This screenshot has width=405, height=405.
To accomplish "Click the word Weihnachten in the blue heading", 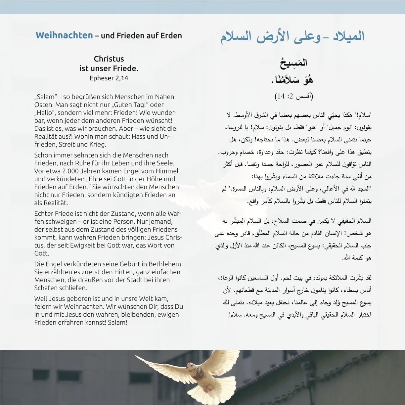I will coord(64,35).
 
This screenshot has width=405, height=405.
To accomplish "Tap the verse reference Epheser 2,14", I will coord(109,78).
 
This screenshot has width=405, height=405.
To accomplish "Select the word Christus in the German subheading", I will coord(109,59).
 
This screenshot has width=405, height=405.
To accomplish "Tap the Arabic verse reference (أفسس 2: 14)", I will coord(294,96).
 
